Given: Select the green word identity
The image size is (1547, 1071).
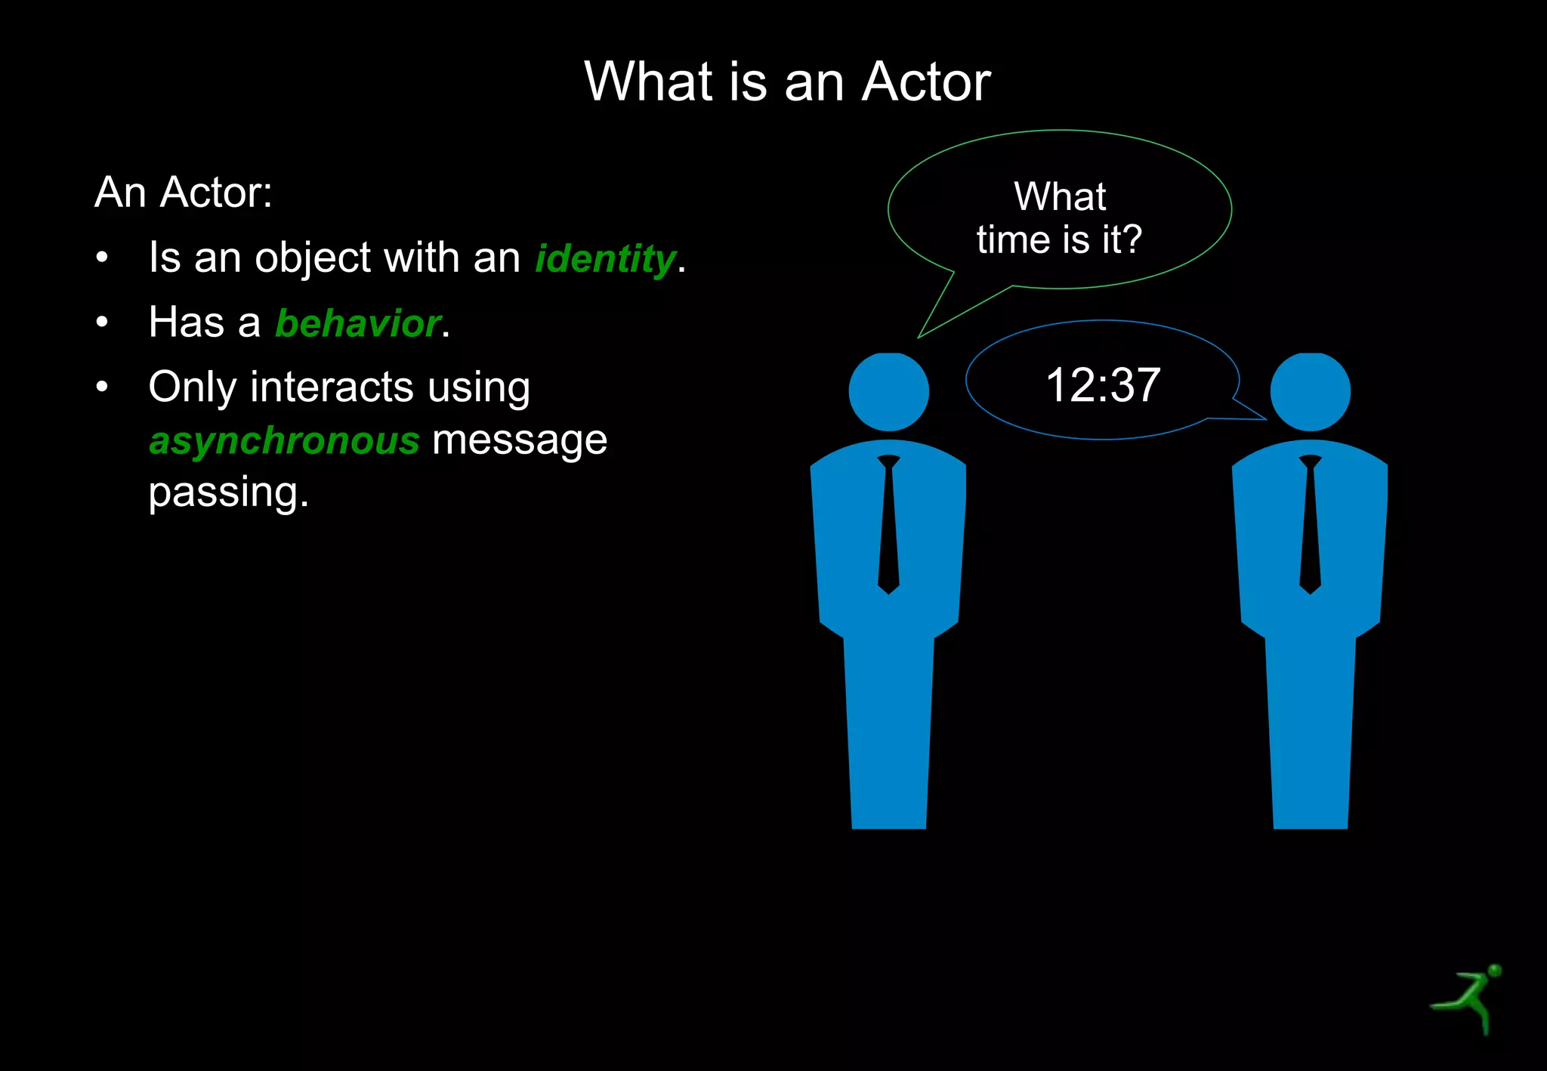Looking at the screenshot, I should [605, 259].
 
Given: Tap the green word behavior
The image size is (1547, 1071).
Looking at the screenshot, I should [358, 323].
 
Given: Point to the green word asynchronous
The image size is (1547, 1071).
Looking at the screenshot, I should [284, 440].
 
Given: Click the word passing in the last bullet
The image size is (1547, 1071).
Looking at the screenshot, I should [228, 492].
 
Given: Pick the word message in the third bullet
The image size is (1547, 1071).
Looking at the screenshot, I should [519, 440].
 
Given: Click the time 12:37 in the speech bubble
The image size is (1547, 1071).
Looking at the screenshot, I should [1103, 384].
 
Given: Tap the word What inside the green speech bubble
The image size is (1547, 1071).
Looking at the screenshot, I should [1059, 196].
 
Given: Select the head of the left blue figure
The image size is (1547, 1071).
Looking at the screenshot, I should [888, 391].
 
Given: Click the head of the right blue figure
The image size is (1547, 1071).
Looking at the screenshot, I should [1310, 391].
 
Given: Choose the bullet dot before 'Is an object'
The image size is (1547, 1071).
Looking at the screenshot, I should [102, 258].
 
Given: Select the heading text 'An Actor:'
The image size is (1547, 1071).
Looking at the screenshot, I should [184, 193].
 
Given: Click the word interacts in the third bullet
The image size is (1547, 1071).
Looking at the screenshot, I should [332, 387].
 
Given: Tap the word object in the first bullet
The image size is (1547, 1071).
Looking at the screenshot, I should [313, 259].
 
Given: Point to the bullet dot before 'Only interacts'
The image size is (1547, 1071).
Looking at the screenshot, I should [102, 387].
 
